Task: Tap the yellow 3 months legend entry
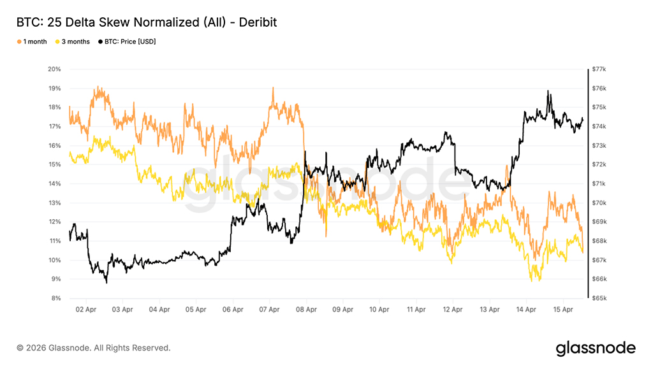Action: coord(75,41)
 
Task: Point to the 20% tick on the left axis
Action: coord(54,69)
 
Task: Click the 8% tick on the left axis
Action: coord(55,298)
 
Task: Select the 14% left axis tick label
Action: coord(54,183)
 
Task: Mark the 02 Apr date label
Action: coord(85,310)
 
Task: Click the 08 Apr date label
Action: coord(307,310)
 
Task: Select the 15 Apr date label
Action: coord(564,310)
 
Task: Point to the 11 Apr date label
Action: coord(417,310)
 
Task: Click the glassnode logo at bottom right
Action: coord(596,348)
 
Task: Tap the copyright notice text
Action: coord(94,348)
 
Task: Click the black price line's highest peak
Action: coord(548,91)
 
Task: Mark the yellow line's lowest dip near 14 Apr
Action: coord(531,280)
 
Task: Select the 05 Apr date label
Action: coord(196,310)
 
